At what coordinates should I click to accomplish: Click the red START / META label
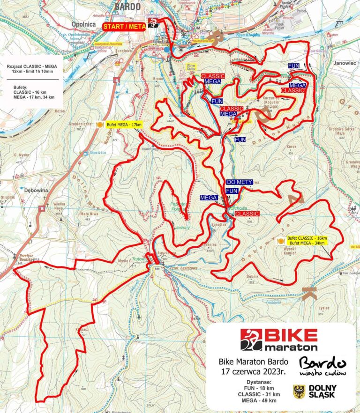tap(124, 27)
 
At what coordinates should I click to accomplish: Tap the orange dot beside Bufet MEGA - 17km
tap(99, 125)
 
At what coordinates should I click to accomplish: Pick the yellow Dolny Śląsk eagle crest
tap(298, 391)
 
